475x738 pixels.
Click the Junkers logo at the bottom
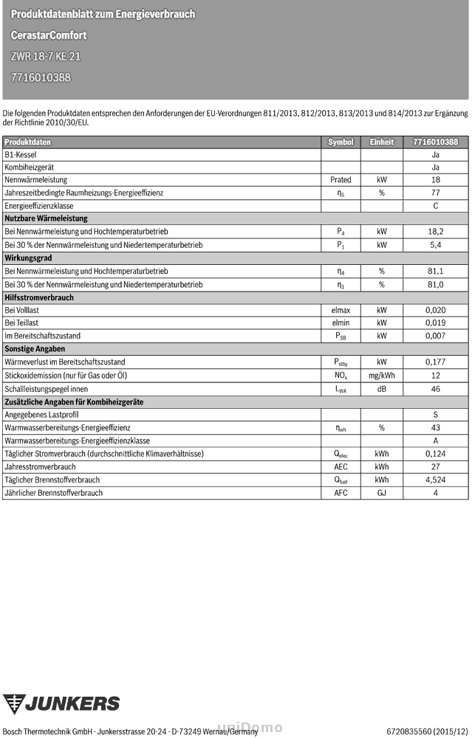click(x=61, y=703)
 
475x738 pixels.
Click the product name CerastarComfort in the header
click(x=49, y=35)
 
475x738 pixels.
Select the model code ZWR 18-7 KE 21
click(x=47, y=56)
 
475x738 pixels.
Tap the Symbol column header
click(x=341, y=142)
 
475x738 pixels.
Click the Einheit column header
click(x=382, y=142)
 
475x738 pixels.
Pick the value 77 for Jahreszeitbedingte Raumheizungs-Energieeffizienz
click(x=435, y=193)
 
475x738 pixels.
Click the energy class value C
click(x=435, y=206)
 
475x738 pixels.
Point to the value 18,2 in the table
click(x=435, y=232)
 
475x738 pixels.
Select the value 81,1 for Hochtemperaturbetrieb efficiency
click(x=435, y=272)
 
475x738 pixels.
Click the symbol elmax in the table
click(x=341, y=311)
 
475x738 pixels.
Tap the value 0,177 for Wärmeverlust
click(x=435, y=362)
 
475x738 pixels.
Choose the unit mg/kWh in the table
click(x=382, y=376)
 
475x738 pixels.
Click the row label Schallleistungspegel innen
click(x=47, y=389)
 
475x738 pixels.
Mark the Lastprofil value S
click(x=435, y=415)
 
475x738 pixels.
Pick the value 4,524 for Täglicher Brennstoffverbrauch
click(x=435, y=480)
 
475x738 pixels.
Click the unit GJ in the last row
click(x=382, y=493)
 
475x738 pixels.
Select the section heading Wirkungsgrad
click(x=28, y=258)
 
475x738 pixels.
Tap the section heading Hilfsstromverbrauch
click(x=39, y=297)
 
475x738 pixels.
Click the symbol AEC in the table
click(x=341, y=467)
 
